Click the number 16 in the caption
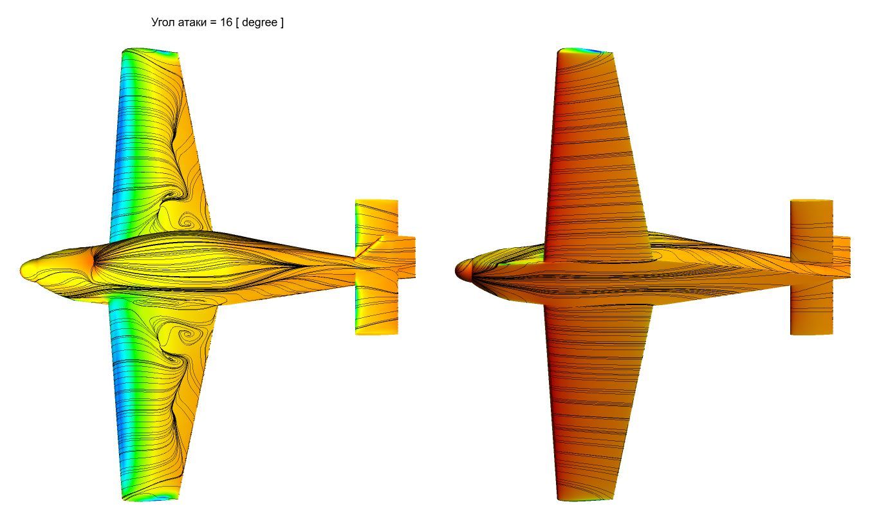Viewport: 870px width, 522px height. [x=226, y=22]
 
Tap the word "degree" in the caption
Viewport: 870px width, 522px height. [x=259, y=23]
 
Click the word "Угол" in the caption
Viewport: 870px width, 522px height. [x=163, y=22]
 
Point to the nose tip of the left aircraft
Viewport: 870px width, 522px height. [x=21, y=269]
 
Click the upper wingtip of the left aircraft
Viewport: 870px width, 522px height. [x=150, y=50]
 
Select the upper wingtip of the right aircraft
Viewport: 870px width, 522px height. [x=585, y=50]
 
